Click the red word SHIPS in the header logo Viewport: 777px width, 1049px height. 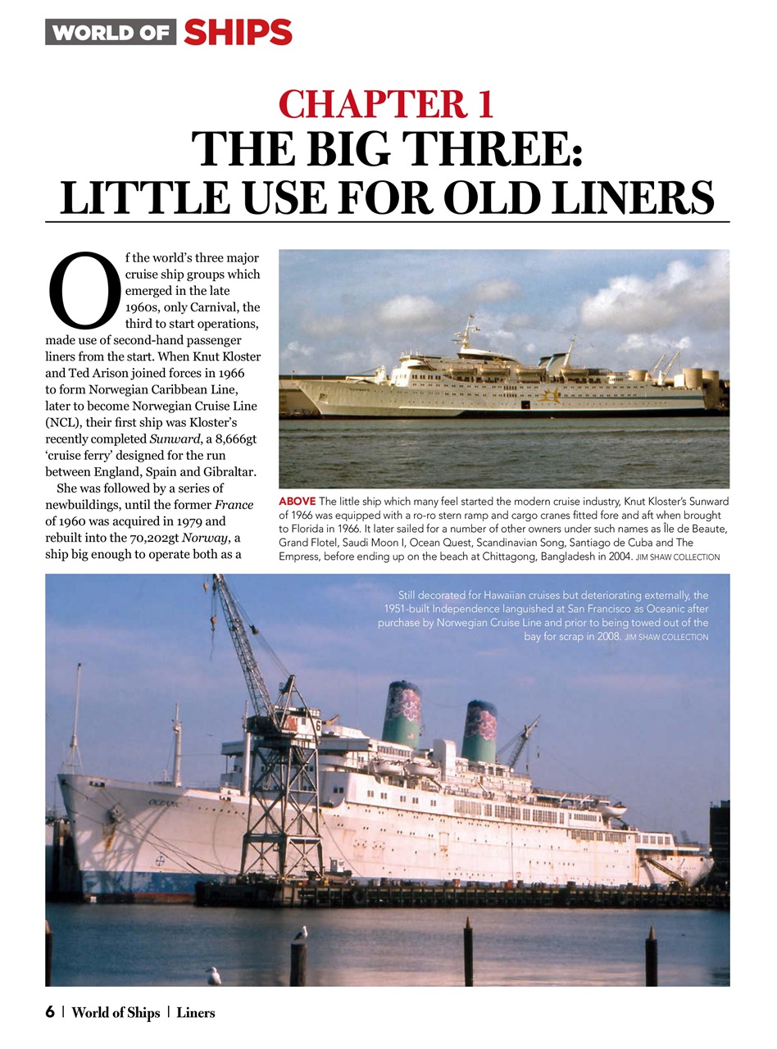[238, 32]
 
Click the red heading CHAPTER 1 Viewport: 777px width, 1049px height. [386, 104]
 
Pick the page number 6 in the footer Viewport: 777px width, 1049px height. [50, 1012]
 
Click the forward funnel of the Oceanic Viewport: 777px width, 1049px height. [402, 713]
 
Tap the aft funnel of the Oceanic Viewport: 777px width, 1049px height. [479, 729]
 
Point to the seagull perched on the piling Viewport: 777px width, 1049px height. [301, 933]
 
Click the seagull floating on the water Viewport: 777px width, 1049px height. [214, 975]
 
